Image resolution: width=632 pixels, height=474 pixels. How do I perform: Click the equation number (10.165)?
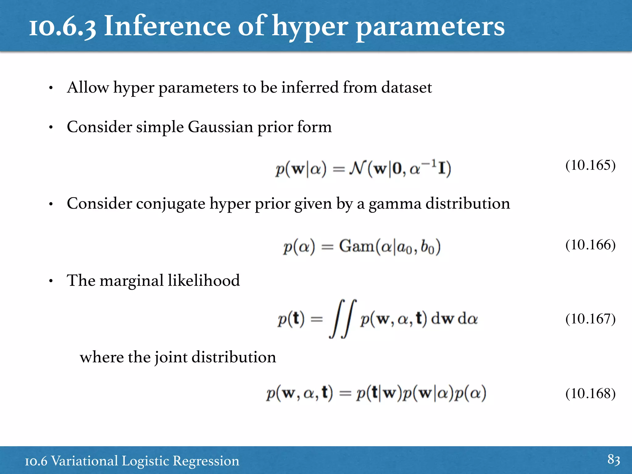(x=590, y=165)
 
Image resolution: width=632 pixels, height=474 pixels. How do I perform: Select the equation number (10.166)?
(x=590, y=245)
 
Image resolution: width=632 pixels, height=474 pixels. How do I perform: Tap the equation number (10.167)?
(x=590, y=319)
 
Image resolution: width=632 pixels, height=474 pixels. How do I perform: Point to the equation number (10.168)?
(x=590, y=394)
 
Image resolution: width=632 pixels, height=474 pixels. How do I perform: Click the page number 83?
(x=613, y=459)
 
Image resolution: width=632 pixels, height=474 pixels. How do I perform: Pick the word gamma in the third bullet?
(x=395, y=204)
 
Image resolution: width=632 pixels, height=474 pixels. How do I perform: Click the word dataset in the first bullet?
(x=406, y=88)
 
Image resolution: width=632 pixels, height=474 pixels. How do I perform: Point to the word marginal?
(x=131, y=281)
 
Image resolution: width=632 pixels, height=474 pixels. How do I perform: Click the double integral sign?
(x=343, y=319)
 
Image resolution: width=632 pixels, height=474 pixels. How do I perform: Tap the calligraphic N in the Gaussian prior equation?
(x=357, y=168)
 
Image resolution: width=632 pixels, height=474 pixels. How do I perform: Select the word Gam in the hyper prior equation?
(x=356, y=246)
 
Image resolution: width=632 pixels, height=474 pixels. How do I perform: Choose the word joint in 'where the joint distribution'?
(x=171, y=358)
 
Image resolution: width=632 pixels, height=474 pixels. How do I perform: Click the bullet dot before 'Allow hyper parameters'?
(x=51, y=88)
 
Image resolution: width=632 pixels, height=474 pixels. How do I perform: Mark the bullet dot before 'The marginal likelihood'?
(x=51, y=281)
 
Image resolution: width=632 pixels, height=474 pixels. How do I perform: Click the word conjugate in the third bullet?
(x=171, y=204)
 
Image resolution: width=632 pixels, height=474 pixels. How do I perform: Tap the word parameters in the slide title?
(x=430, y=27)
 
